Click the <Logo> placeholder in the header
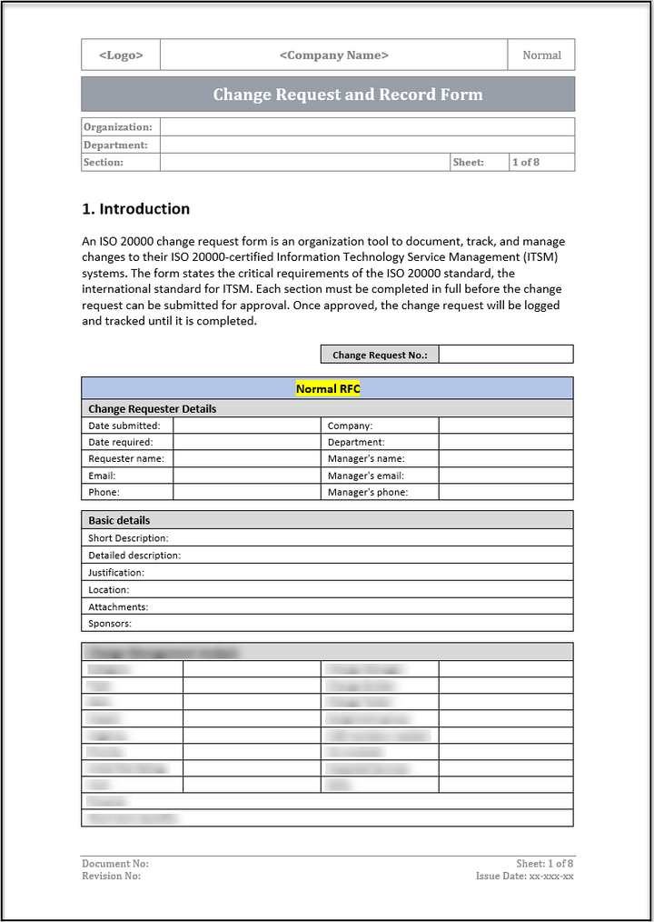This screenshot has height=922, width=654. (121, 55)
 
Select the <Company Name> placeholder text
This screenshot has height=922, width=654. (333, 55)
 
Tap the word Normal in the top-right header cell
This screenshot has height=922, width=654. (541, 55)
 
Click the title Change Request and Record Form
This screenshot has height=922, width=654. (348, 95)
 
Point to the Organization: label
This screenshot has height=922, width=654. (118, 127)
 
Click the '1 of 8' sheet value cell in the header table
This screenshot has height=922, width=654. (526, 163)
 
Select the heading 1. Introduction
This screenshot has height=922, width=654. (136, 209)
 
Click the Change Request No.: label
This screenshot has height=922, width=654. (380, 355)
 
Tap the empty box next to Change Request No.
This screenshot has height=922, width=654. (506, 355)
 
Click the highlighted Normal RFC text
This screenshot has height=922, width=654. (328, 389)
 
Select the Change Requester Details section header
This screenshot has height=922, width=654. (153, 409)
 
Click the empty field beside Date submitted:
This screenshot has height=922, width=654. (246, 426)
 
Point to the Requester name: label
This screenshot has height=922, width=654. (126, 459)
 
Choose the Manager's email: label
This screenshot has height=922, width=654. (366, 476)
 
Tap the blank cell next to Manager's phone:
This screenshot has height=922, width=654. (506, 493)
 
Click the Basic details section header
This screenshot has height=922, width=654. (119, 521)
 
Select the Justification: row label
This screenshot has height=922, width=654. (116, 573)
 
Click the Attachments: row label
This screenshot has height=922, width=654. (118, 606)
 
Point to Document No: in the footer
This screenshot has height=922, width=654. (115, 864)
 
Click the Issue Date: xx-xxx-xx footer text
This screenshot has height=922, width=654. (524, 877)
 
